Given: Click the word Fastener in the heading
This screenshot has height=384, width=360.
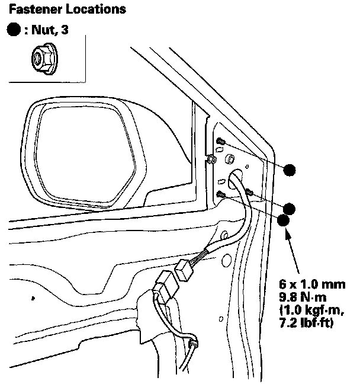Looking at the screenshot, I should (29, 9).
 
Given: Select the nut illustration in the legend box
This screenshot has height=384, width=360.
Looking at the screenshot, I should (40, 58).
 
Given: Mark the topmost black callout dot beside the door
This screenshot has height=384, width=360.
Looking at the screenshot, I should (290, 170).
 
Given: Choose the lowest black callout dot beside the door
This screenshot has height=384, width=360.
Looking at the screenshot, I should (284, 220).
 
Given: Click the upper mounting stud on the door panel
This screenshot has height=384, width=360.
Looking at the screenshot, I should (221, 142).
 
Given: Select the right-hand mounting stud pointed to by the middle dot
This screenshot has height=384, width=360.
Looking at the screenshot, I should (249, 192).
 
